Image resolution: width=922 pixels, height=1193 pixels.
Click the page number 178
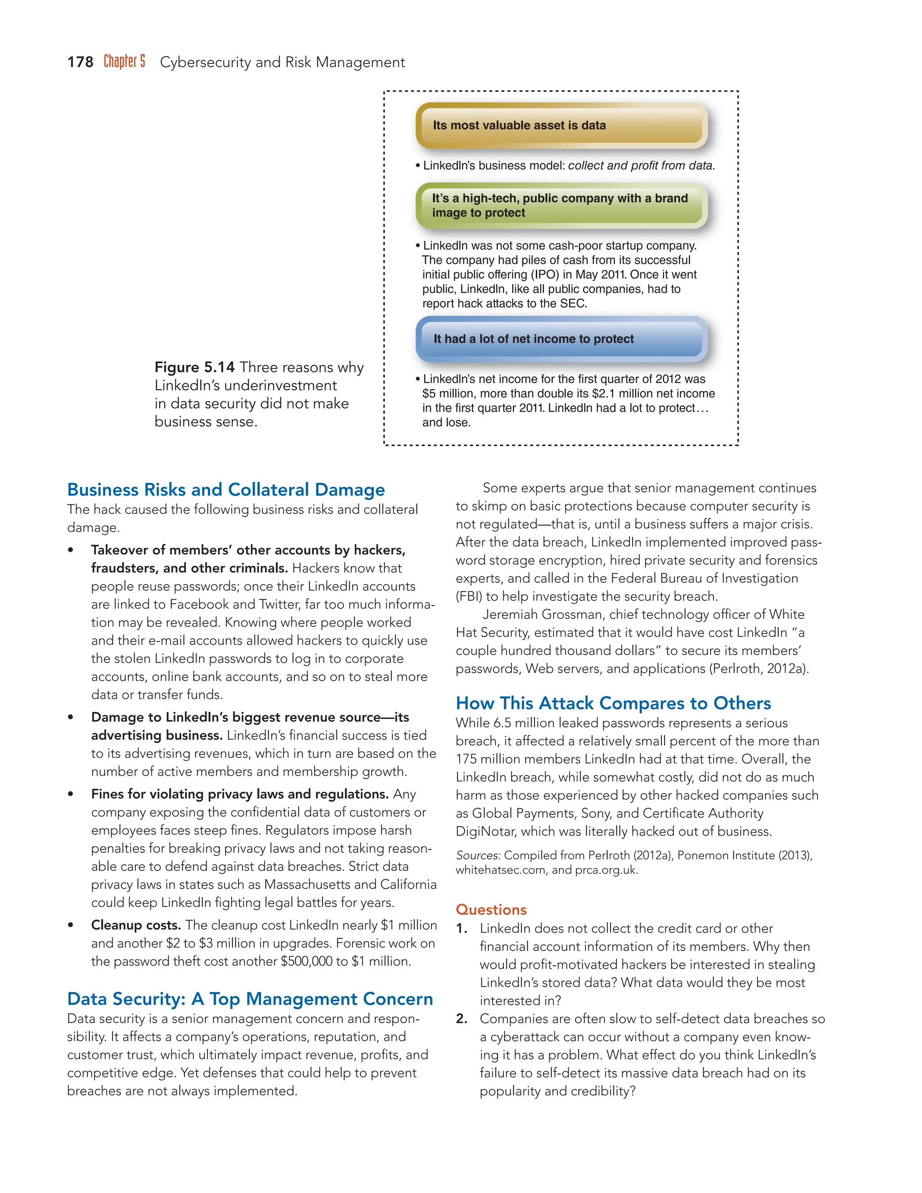click(80, 62)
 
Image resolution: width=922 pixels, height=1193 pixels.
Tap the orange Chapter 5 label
click(125, 61)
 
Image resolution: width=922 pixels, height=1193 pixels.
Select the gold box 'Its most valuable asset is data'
click(561, 125)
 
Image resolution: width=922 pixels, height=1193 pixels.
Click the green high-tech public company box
click(561, 205)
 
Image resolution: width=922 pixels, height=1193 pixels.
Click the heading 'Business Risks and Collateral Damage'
click(226, 489)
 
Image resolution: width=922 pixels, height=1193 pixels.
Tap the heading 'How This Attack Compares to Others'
click(614, 703)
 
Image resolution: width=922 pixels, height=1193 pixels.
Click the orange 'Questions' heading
click(491, 909)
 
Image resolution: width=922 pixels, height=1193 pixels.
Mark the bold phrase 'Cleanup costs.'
click(136, 925)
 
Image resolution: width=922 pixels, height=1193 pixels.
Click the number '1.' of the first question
click(461, 929)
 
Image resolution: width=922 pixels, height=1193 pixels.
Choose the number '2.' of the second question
click(461, 1019)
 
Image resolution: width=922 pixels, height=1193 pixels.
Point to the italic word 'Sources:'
click(478, 855)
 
